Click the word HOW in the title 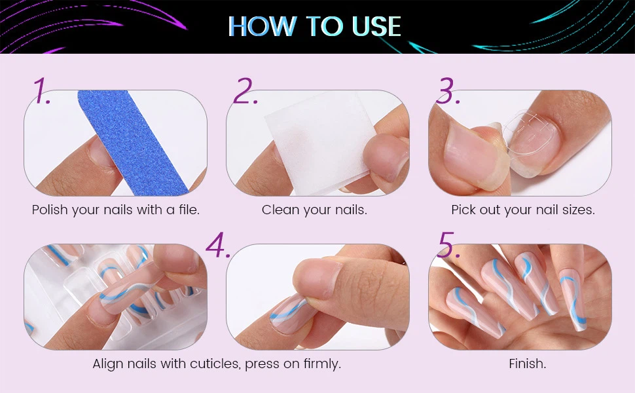(x=262, y=27)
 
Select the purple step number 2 (x=245, y=90)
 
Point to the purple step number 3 (x=448, y=90)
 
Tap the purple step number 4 (x=218, y=245)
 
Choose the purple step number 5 (x=448, y=245)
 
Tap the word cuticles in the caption (x=215, y=364)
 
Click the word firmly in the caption (x=322, y=364)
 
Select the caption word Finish (x=527, y=364)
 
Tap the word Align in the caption (x=108, y=364)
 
